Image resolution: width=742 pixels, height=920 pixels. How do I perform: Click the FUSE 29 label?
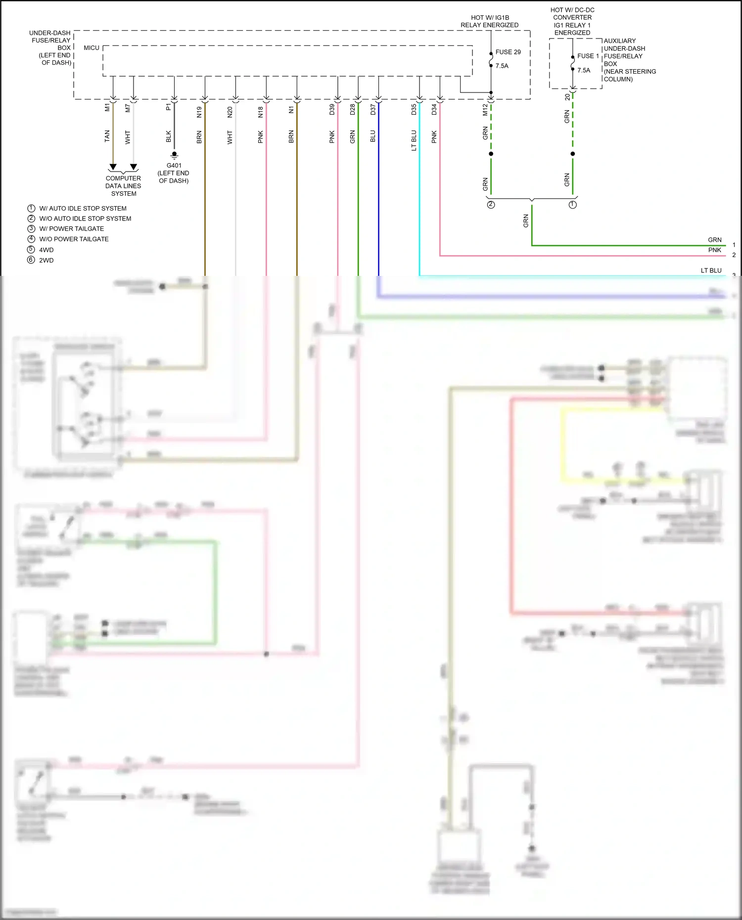[508, 52]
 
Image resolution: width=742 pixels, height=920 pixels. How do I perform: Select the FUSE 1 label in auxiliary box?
[588, 56]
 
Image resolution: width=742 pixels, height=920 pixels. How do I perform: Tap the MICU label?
[92, 48]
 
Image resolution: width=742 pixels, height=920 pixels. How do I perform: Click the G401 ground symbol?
[174, 155]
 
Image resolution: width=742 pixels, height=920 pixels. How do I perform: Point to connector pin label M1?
[107, 107]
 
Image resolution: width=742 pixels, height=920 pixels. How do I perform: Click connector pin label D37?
[373, 109]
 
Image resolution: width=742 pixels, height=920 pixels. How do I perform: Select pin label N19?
[199, 112]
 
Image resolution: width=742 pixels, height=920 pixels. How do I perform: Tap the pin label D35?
[414, 109]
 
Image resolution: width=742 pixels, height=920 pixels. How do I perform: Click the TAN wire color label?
[107, 136]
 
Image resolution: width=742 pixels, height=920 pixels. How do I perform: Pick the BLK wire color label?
[169, 136]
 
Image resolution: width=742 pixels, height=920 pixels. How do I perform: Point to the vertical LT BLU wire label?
[414, 140]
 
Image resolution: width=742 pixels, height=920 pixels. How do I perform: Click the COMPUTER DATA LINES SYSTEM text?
[123, 186]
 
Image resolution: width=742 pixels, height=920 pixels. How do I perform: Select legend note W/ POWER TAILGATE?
[72, 228]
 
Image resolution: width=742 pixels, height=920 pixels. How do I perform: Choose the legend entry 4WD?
[46, 250]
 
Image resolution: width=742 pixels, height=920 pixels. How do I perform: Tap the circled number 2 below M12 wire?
[491, 205]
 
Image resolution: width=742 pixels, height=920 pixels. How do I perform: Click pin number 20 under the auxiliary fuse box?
[567, 97]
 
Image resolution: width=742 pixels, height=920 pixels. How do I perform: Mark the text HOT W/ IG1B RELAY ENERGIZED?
[490, 21]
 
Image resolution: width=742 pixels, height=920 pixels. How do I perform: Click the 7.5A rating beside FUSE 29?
[502, 66]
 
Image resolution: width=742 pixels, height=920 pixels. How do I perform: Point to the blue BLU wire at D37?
[379, 198]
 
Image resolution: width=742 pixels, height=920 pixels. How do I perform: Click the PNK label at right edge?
[714, 250]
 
